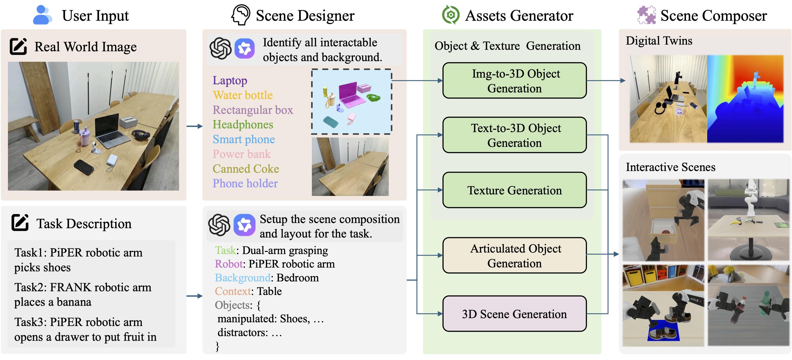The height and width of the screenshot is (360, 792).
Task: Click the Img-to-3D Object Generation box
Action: click(514, 81)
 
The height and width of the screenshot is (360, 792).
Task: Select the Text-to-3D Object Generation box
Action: click(514, 135)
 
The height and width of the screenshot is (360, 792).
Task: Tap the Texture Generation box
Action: click(514, 190)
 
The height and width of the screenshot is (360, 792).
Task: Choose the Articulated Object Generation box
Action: click(514, 255)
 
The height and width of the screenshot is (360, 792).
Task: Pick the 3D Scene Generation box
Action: click(514, 314)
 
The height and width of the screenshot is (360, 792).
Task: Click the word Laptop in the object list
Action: click(230, 81)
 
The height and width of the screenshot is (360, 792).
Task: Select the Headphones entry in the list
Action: click(243, 124)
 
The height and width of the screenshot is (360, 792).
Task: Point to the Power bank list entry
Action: click(242, 154)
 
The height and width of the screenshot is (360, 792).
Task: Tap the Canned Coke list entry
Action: click(246, 169)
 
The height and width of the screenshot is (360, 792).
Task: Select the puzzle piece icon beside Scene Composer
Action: click(646, 15)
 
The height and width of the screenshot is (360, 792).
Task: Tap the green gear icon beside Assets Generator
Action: click(450, 15)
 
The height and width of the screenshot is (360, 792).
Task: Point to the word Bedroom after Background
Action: click(298, 278)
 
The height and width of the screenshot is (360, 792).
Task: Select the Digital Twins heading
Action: click(659, 41)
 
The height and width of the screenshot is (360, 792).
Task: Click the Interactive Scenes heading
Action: click(671, 167)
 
